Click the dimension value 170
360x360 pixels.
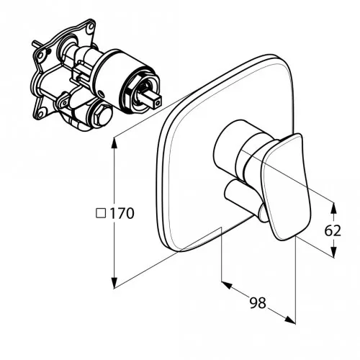pos(122,213)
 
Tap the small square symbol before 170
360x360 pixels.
pos(101,213)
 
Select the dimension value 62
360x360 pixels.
pos(333,231)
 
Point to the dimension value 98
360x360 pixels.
pos(258,302)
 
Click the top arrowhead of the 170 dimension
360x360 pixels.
pos(114,143)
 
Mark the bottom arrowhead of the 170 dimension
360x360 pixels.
pos(114,282)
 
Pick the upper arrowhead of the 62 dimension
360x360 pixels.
pos(333,208)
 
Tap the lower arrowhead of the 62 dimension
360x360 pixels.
pos(333,252)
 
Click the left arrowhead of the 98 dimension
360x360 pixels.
pos(227,285)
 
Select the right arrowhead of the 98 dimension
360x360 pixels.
pos(290,320)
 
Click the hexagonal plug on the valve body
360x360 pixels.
pos(102,115)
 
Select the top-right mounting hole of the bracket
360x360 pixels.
pos(91,26)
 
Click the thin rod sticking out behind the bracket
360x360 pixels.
pos(35,45)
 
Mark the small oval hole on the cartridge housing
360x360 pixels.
pos(102,94)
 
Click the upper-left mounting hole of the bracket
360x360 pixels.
pos(40,56)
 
